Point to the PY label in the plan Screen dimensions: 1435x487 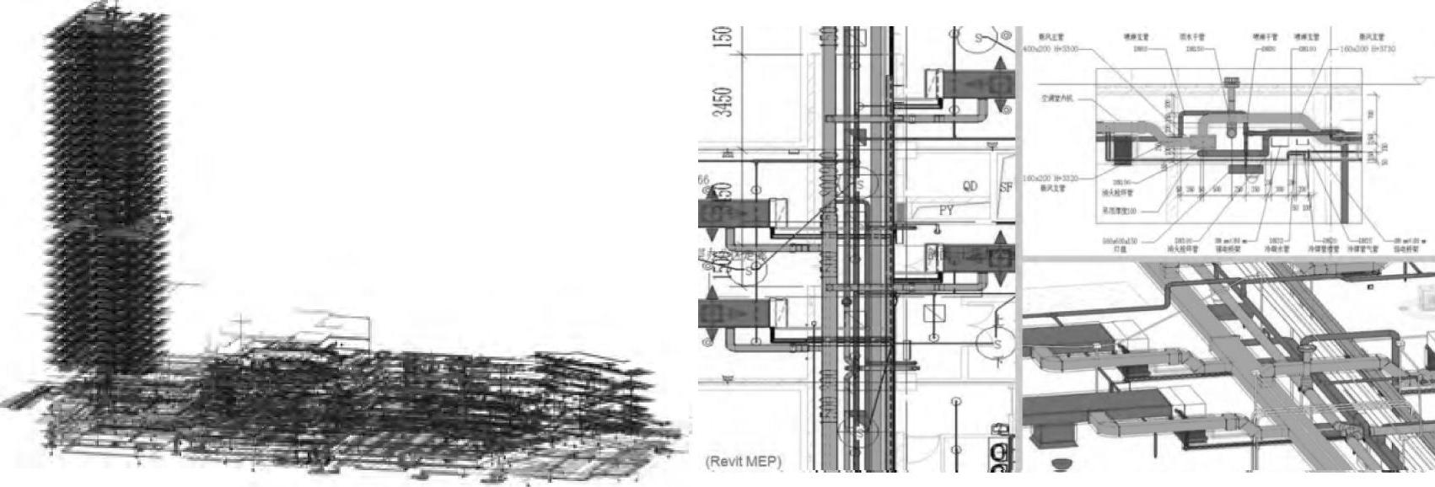[946, 211]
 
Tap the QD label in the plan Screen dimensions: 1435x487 [970, 186]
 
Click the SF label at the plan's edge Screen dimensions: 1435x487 [1006, 187]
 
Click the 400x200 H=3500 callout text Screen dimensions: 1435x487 [1050, 49]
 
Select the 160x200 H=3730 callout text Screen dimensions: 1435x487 [1367, 49]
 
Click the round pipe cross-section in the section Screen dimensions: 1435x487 [1233, 131]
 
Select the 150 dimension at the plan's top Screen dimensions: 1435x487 [723, 37]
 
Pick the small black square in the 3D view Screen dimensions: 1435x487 [1371, 287]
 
